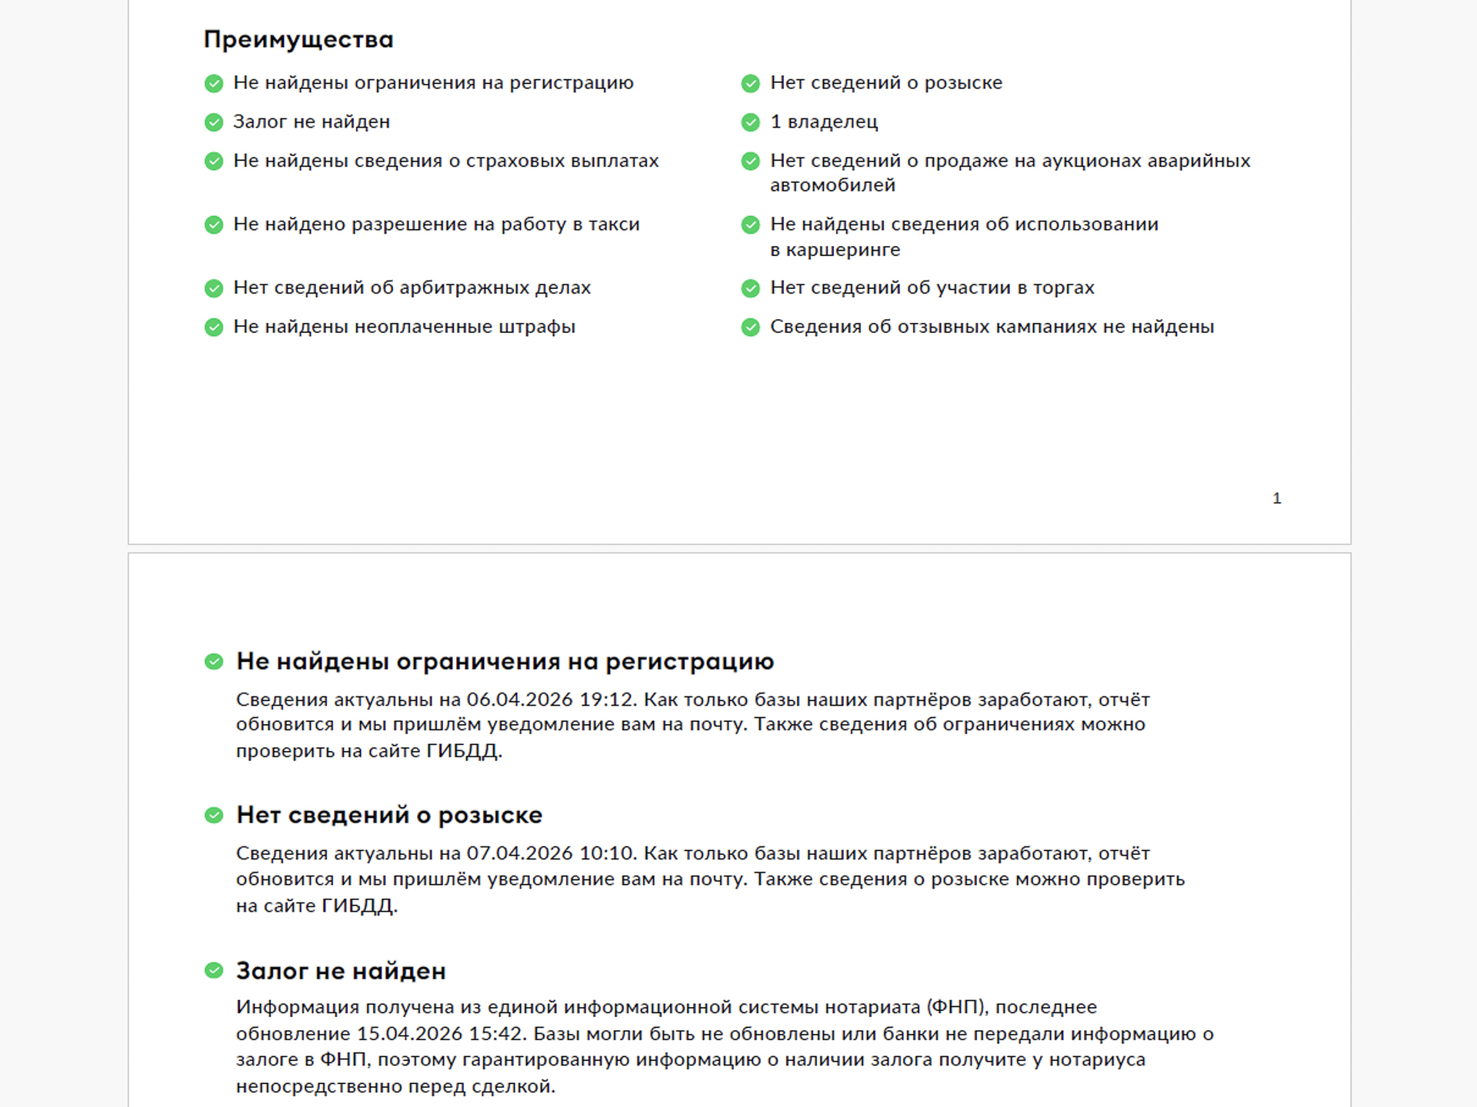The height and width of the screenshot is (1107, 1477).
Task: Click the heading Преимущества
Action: [298, 39]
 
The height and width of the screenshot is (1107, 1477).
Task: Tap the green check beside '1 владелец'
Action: [750, 122]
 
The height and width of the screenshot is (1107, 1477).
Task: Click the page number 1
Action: [1276, 498]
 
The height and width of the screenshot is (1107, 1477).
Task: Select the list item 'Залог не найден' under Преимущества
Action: [312, 122]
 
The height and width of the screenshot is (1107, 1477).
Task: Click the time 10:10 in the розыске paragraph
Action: [608, 853]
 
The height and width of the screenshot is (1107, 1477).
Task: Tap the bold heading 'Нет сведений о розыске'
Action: [389, 815]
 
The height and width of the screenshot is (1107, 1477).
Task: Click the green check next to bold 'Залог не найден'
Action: [214, 970]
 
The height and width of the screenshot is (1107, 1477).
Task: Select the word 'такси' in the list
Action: [614, 224]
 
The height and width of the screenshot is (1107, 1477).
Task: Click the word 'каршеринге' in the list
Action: [843, 250]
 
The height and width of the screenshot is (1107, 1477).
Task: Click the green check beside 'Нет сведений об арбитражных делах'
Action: [214, 288]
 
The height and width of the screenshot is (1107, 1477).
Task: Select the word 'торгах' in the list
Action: [1064, 288]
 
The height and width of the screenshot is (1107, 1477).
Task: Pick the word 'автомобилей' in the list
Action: [832, 185]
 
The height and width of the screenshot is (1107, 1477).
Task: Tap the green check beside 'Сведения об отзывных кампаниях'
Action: [750, 327]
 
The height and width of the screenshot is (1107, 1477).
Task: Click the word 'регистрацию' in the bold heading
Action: [689, 661]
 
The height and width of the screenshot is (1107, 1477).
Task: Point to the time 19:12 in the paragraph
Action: [608, 700]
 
